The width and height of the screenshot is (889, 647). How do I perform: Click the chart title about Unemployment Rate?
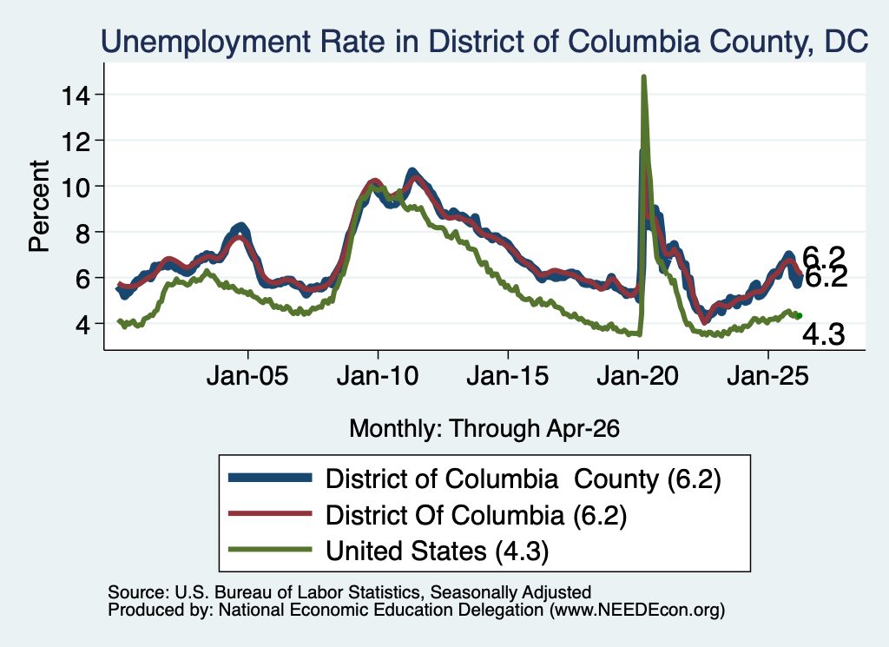[484, 42]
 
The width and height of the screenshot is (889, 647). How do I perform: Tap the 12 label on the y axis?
[76, 141]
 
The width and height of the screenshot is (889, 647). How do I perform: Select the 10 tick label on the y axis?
[76, 187]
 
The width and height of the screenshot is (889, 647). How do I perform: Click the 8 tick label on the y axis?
[82, 233]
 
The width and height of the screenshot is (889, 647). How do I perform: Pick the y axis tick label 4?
[82, 324]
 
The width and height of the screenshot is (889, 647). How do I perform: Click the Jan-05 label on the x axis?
[247, 376]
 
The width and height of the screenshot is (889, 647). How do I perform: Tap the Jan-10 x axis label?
[378, 376]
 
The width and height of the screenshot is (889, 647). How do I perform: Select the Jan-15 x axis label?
[508, 376]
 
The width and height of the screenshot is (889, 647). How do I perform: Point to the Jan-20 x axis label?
[638, 376]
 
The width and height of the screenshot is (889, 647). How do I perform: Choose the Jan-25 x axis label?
[767, 376]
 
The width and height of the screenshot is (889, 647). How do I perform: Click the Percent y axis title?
[39, 206]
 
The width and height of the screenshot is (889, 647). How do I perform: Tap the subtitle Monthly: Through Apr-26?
[484, 429]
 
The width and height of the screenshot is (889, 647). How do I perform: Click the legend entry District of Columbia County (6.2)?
[523, 479]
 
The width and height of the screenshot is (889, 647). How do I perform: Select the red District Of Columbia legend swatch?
[270, 514]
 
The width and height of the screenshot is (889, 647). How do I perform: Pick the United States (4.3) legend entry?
[438, 551]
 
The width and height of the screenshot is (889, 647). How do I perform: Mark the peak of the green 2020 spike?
[643, 76]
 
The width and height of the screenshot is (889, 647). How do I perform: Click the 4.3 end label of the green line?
[823, 335]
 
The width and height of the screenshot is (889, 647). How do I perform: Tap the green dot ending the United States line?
[799, 316]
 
